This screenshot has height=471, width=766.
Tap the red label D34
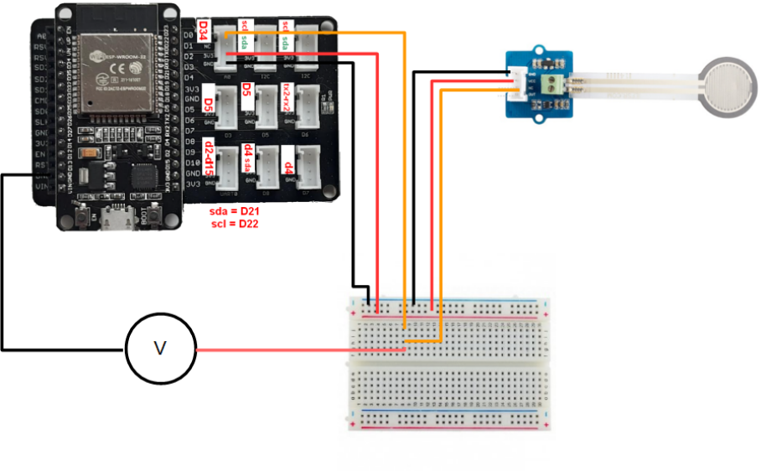pyautogui.click(x=203, y=32)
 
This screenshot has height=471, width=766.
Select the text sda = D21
pyautogui.click(x=237, y=213)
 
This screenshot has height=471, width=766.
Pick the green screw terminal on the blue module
pyautogui.click(x=553, y=85)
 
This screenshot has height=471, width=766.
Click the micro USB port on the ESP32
pyautogui.click(x=112, y=220)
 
